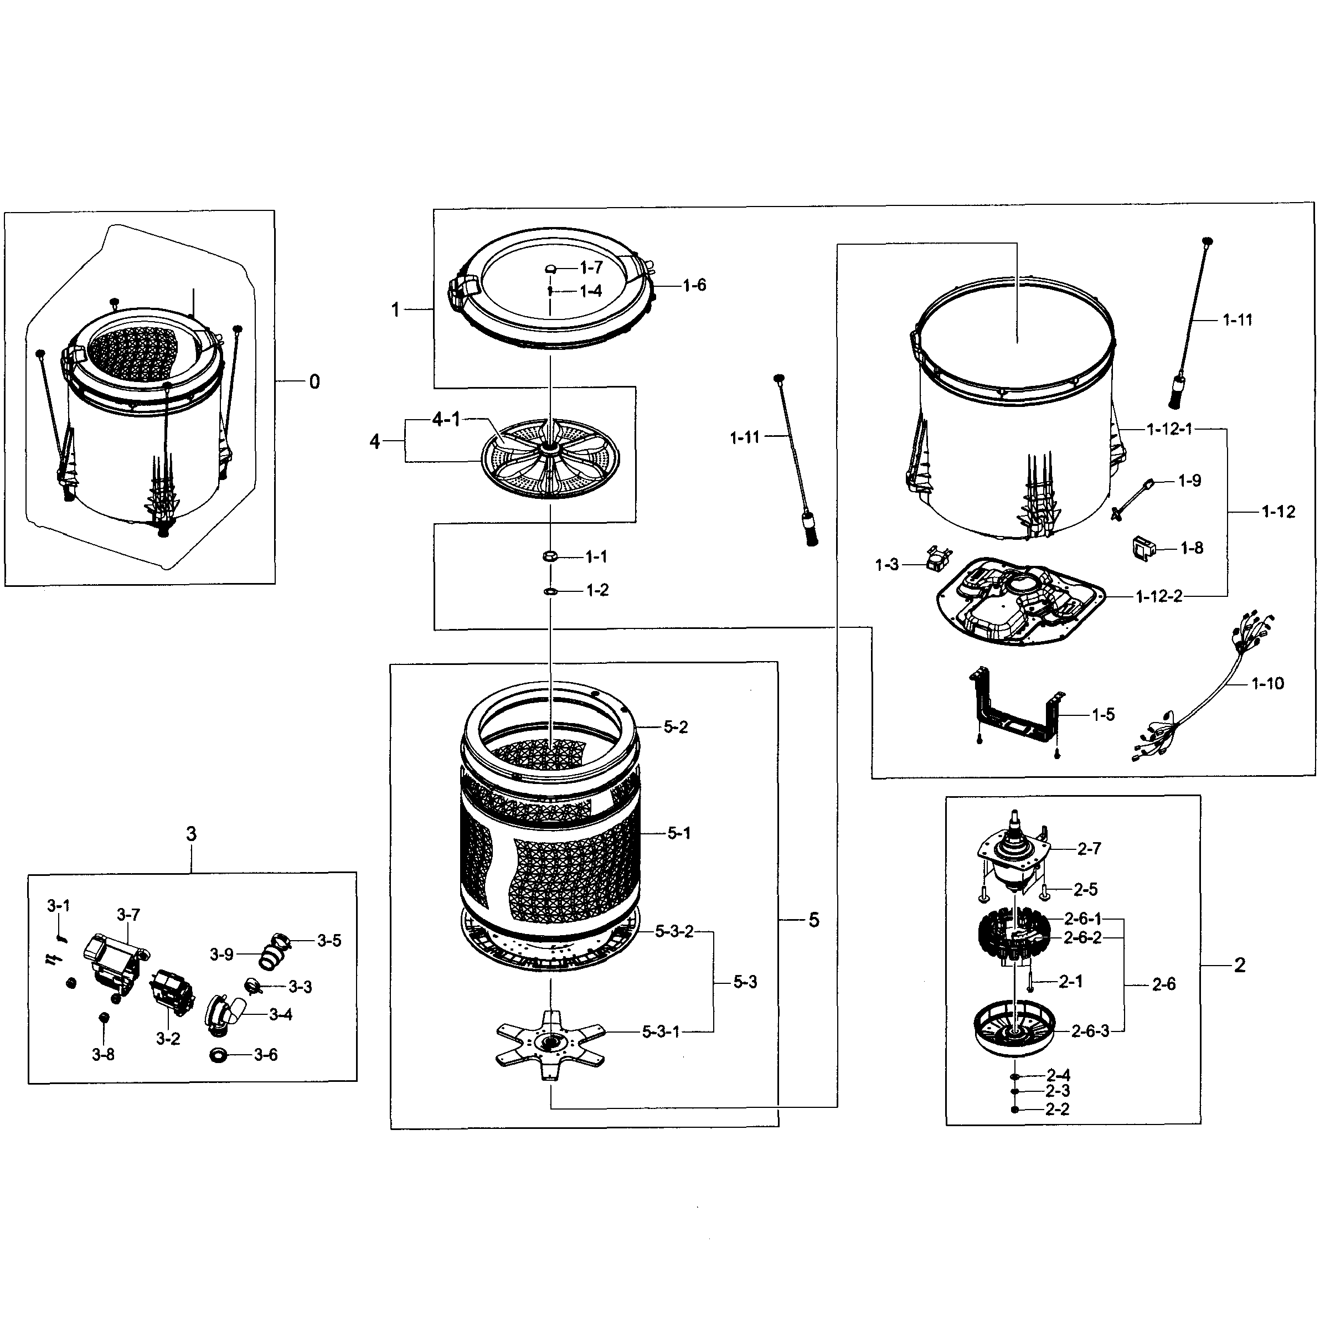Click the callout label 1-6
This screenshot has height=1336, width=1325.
[694, 286]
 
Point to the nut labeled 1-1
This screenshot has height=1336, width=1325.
[550, 556]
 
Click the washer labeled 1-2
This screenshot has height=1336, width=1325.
[550, 591]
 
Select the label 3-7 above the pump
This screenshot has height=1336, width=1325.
[128, 915]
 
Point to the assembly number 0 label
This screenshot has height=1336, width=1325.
[314, 381]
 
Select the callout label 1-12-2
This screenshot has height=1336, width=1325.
[1158, 596]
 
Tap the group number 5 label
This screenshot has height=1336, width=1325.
[813, 920]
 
